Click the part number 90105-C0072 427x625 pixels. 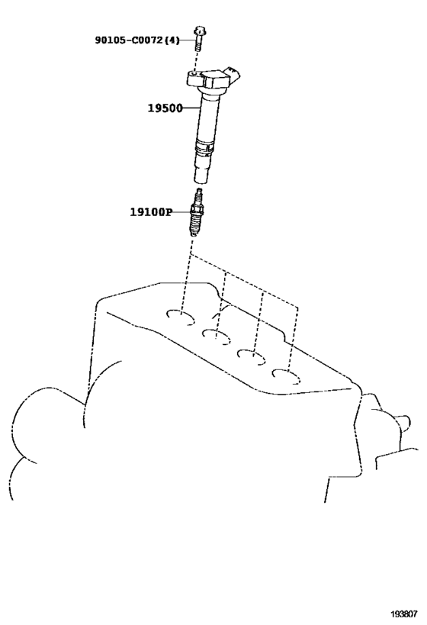(x=129, y=40)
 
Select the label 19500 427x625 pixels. (x=165, y=108)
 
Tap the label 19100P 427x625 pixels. (x=151, y=211)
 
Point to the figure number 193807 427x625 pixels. (x=403, y=614)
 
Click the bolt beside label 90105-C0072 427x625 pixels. (x=199, y=38)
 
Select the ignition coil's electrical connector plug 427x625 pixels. (x=233, y=75)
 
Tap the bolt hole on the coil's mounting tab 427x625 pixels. (x=194, y=74)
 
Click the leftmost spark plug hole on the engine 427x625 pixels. (x=180, y=317)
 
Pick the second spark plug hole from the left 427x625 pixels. (x=216, y=336)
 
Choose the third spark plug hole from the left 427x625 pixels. (x=252, y=356)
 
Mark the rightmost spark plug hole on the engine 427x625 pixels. (x=287, y=376)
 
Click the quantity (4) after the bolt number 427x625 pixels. (x=172, y=40)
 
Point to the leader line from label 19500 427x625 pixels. (x=191, y=108)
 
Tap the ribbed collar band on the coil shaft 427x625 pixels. (x=206, y=147)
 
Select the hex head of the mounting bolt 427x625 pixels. (x=200, y=31)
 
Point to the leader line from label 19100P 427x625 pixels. (x=182, y=211)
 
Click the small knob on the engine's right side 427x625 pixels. (x=403, y=423)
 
